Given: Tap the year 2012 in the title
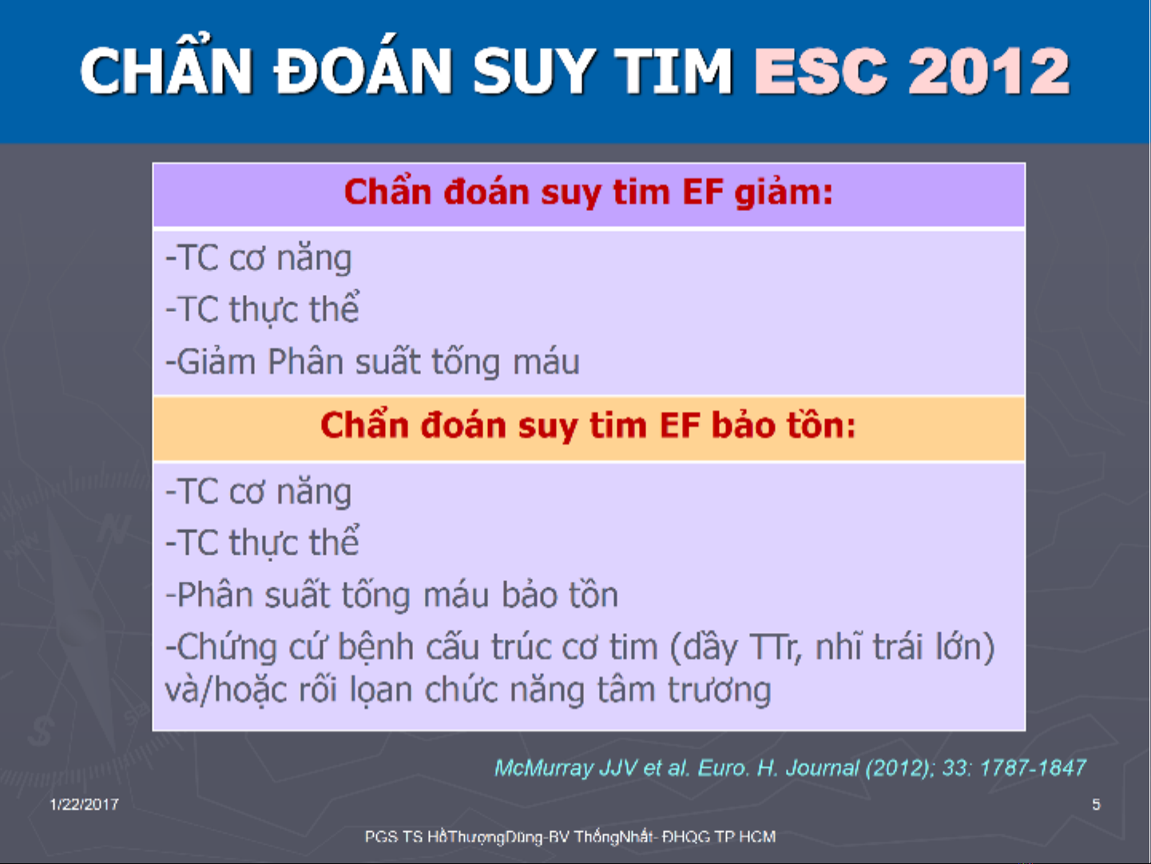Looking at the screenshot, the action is [x=989, y=71].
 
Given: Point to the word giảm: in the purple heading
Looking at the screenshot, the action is [x=784, y=193].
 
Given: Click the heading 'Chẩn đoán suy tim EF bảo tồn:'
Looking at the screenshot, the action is [x=588, y=425].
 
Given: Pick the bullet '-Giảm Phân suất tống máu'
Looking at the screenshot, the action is [x=373, y=361].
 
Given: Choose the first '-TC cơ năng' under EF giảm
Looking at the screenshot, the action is [x=259, y=258].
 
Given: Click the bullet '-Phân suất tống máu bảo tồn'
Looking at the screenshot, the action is [x=392, y=595].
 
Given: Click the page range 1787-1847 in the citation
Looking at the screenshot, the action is [x=1032, y=768].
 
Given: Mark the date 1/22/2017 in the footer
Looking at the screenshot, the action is [x=85, y=805].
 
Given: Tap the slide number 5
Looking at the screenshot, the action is [x=1096, y=805].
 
